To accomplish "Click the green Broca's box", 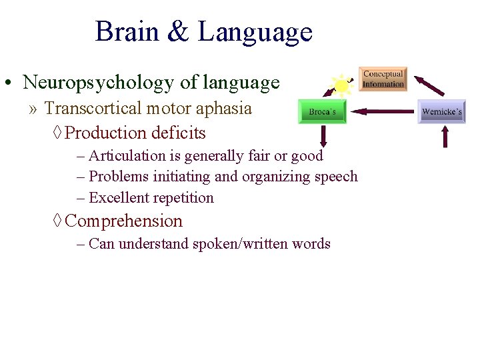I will [323, 112].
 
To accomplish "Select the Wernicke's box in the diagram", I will [441, 112].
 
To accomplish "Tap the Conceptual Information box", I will [383, 79].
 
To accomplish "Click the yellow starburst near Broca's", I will [341, 86].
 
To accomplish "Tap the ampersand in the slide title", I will [178, 32].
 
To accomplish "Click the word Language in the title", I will [255, 32].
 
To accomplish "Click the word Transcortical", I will [92, 108].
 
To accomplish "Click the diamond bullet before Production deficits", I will [57, 133].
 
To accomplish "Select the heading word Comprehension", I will [124, 221].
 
